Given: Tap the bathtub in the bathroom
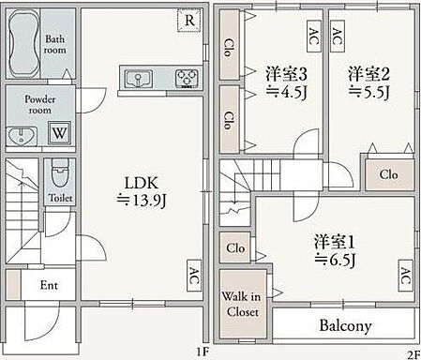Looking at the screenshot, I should [23, 46].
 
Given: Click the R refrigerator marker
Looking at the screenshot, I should [189, 20].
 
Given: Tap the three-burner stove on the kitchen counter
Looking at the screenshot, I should [188, 78].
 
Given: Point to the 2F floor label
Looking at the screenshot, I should [412, 352].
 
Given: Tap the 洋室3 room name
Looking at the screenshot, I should [282, 73].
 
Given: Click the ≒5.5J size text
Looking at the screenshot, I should [369, 92].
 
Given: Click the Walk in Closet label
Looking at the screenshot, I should [242, 305].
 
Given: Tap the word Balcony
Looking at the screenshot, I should [333, 326].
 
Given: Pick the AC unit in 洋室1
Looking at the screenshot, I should [406, 275].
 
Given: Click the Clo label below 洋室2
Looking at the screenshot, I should [387, 175].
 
